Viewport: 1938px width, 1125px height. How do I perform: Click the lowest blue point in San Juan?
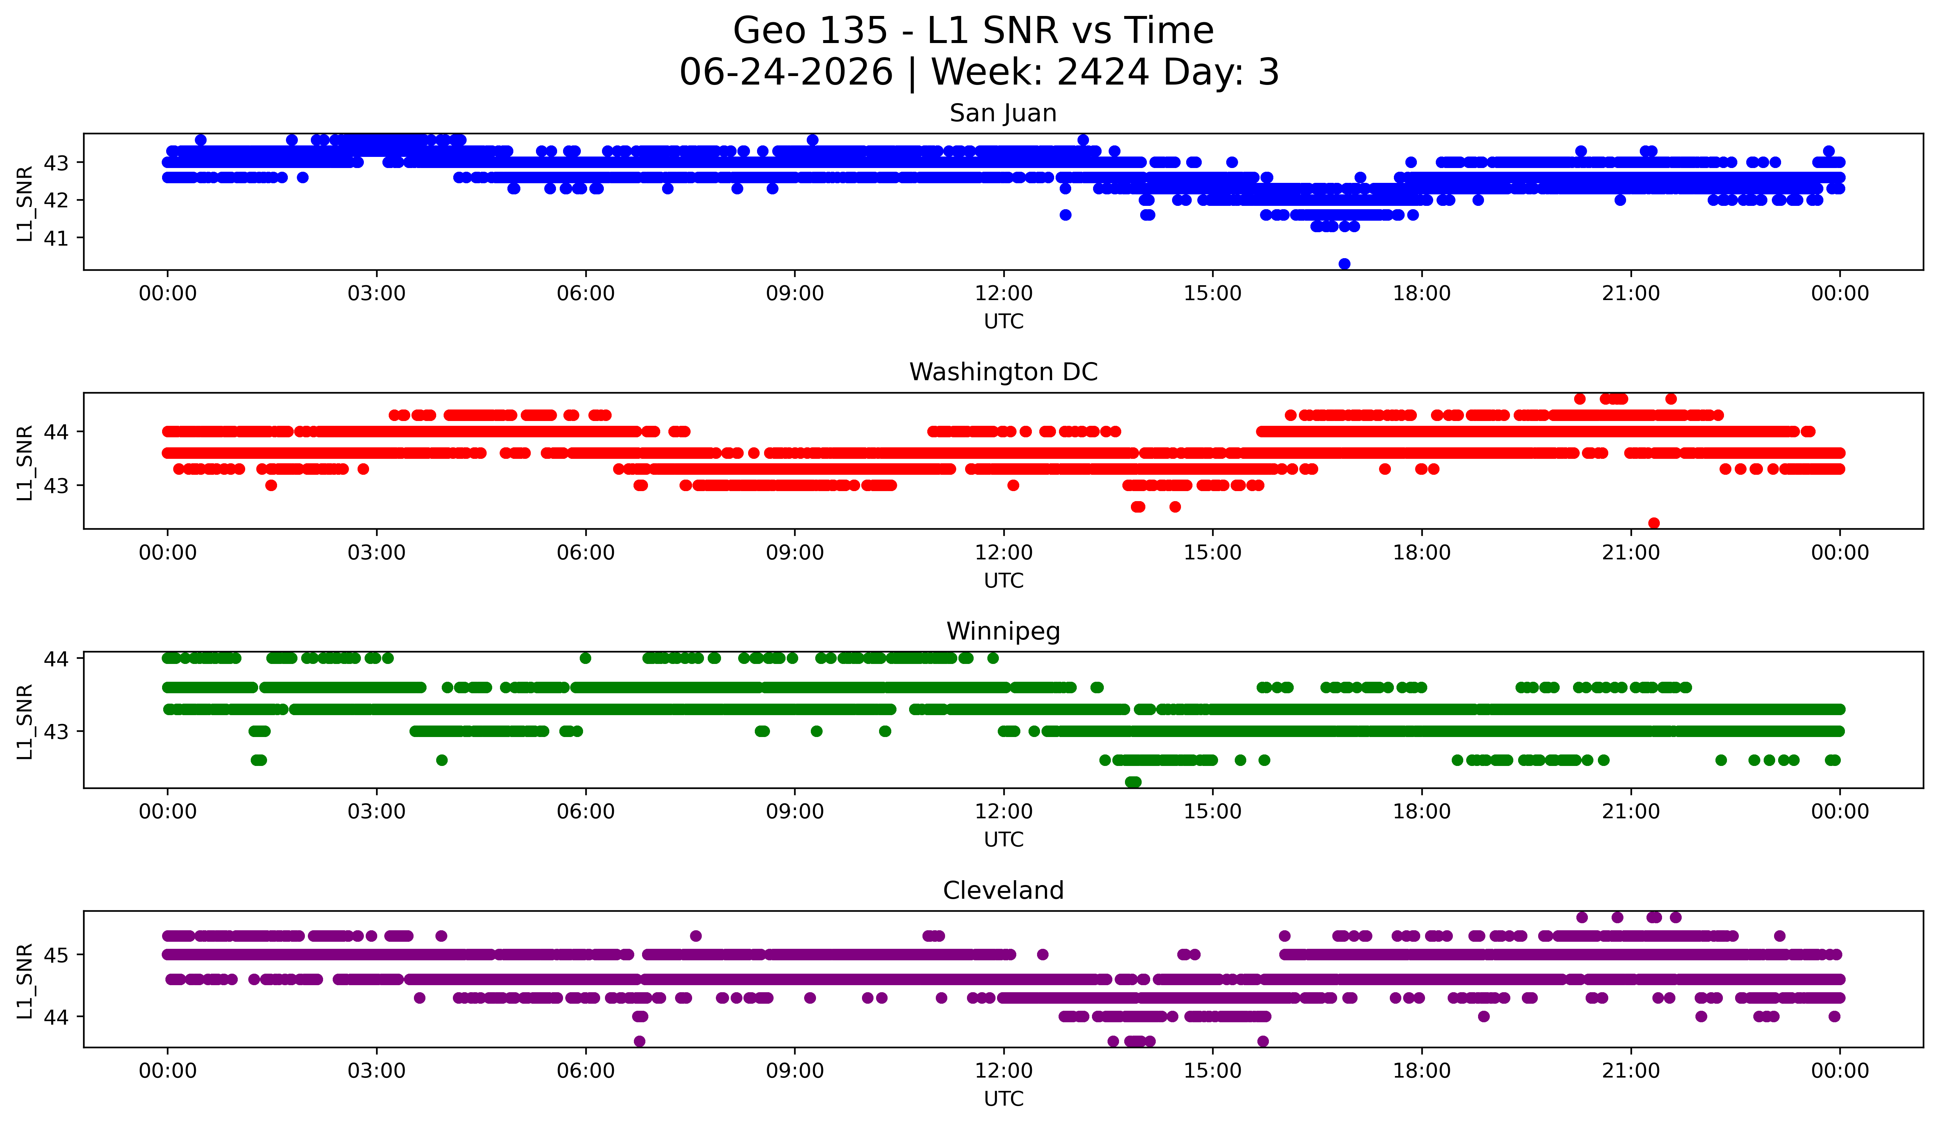(x=1344, y=264)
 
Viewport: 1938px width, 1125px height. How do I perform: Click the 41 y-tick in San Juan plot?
(x=56, y=239)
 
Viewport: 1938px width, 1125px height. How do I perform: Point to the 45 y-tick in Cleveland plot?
(x=56, y=955)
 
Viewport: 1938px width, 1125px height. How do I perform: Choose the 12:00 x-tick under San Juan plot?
(x=1004, y=294)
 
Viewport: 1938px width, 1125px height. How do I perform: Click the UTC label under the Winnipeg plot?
(x=1004, y=840)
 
